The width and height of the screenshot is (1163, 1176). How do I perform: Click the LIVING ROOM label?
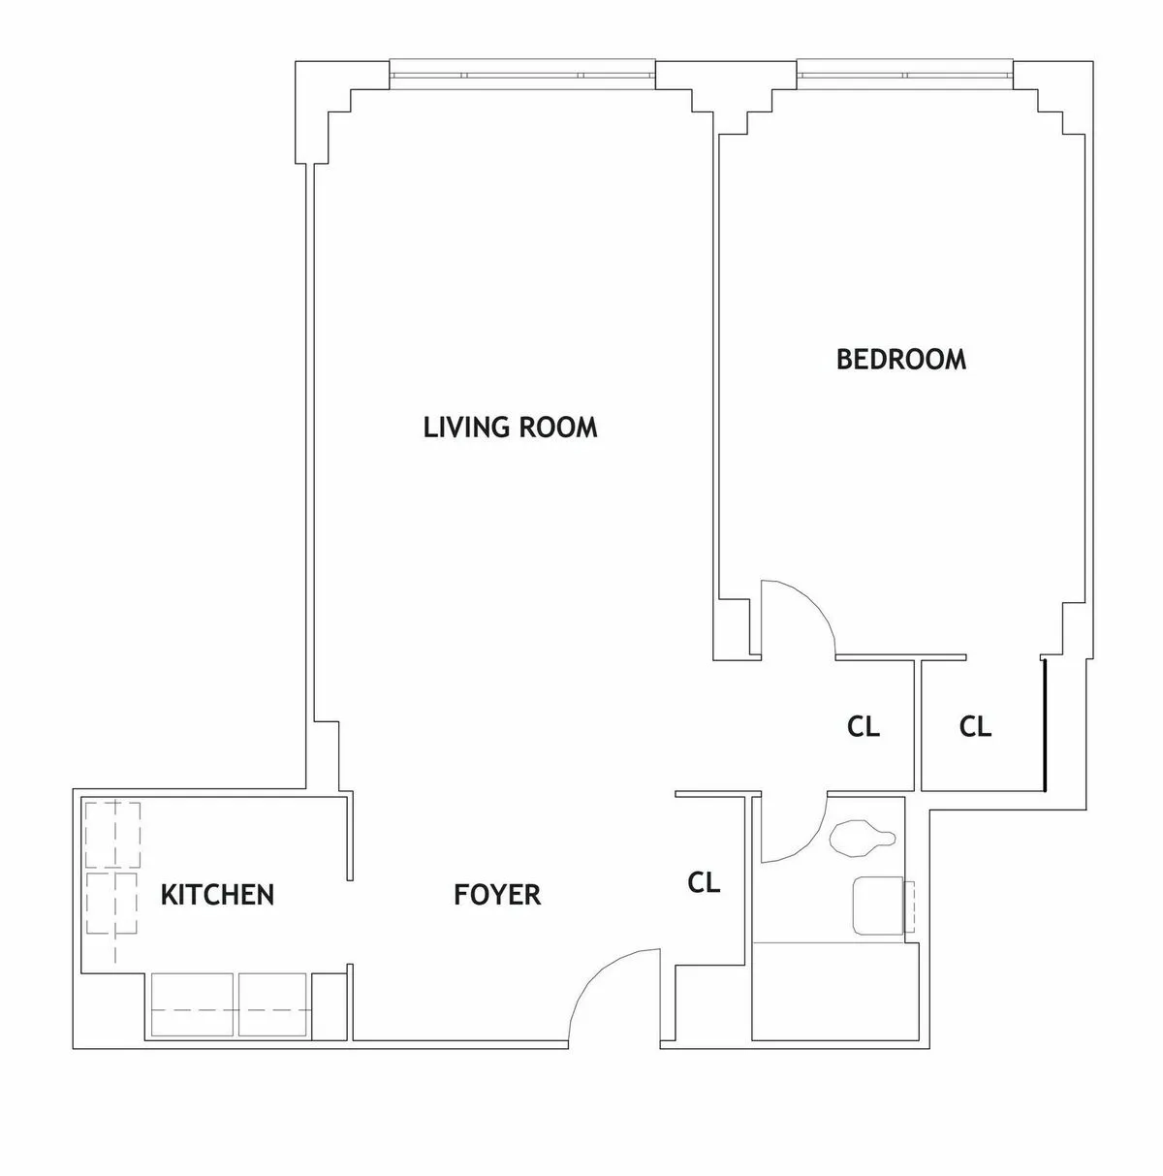tap(510, 428)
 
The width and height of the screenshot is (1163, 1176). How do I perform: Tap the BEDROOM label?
tap(900, 360)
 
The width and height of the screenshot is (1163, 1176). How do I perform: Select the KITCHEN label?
tap(217, 895)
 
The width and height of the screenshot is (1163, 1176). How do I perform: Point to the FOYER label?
tap(497, 895)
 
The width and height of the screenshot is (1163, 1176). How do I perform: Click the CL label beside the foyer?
tap(704, 883)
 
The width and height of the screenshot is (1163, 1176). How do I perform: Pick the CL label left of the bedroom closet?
tap(863, 727)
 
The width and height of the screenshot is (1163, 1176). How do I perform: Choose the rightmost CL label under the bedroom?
tap(975, 727)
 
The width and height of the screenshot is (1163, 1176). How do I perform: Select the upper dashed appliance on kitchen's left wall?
tap(112, 835)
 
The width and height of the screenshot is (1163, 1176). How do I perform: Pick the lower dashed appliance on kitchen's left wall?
tap(112, 904)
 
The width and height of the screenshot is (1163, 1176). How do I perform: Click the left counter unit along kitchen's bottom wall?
tap(192, 1005)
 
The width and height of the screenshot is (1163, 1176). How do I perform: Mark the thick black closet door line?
tap(1045, 724)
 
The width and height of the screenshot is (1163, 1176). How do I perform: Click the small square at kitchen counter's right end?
tap(329, 1005)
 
